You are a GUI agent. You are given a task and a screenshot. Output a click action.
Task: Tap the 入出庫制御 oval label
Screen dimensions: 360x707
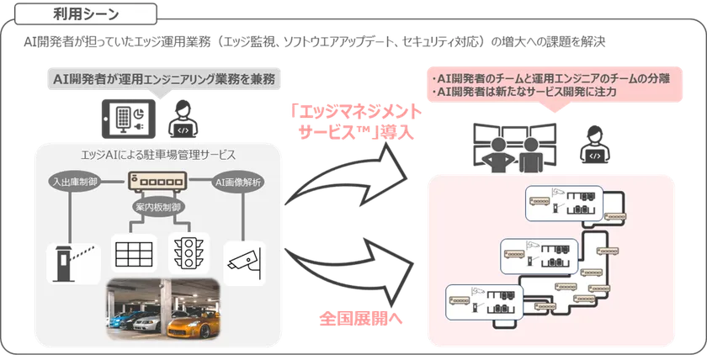(x=75, y=181)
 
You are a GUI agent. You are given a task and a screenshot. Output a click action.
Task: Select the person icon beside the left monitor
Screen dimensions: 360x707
(x=178, y=117)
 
